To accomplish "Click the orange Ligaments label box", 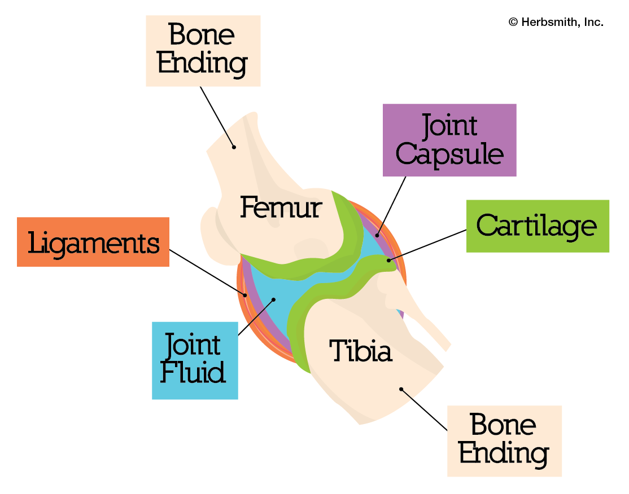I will (x=93, y=242).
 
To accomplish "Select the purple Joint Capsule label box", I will (x=449, y=140).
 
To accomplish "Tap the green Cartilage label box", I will (x=537, y=226).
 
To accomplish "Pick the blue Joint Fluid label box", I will (x=195, y=360).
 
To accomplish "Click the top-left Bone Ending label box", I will (x=203, y=51).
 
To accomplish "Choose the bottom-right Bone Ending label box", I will (x=504, y=440).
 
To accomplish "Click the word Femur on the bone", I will (x=281, y=208).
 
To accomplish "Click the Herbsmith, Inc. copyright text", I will (x=556, y=23).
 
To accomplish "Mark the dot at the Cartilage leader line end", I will (x=388, y=260).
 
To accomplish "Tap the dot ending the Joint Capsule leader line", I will (x=377, y=235).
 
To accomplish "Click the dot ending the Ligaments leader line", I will (x=246, y=295).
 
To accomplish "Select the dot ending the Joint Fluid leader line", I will (x=273, y=299).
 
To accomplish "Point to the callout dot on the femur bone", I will (x=234, y=147).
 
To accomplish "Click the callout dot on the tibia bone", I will (x=401, y=389).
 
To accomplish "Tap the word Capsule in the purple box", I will (x=449, y=154).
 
